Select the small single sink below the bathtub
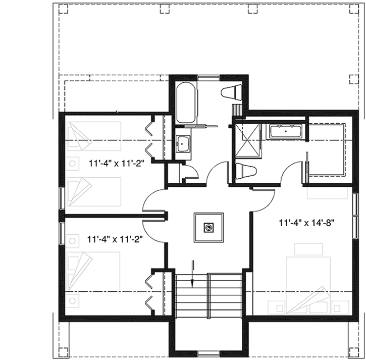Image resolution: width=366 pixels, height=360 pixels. pos(182,143)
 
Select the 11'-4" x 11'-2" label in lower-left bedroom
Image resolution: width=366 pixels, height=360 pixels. pos(114,239)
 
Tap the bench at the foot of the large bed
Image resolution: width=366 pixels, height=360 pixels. pos(305,249)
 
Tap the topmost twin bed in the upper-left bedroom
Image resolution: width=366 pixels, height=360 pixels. pos(93,136)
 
